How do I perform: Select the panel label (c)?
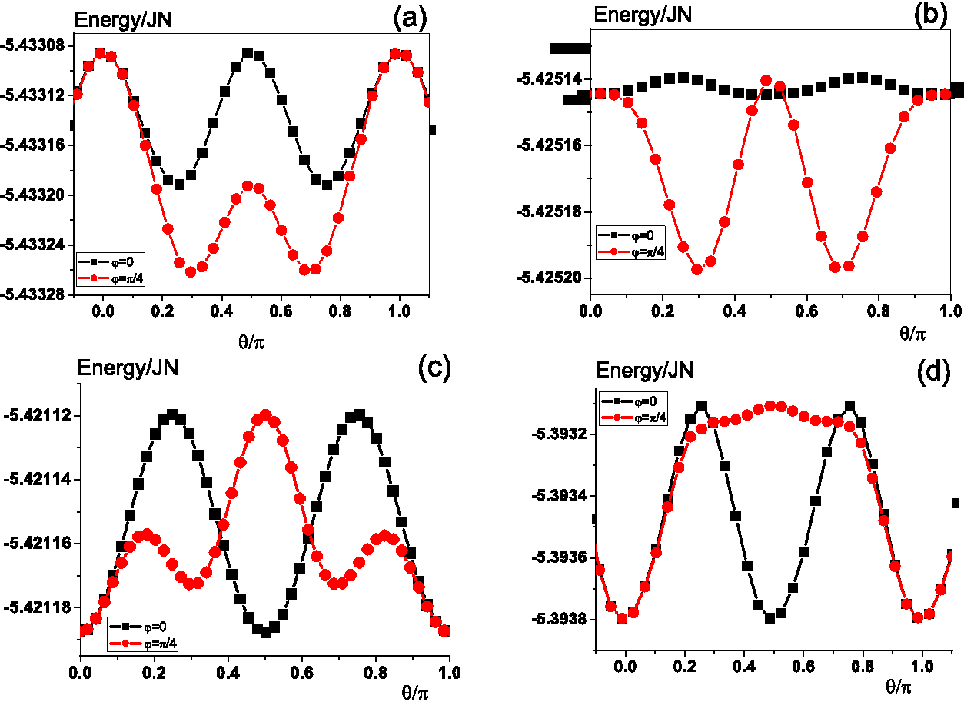(434, 369)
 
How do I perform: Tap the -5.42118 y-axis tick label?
(38, 607)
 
